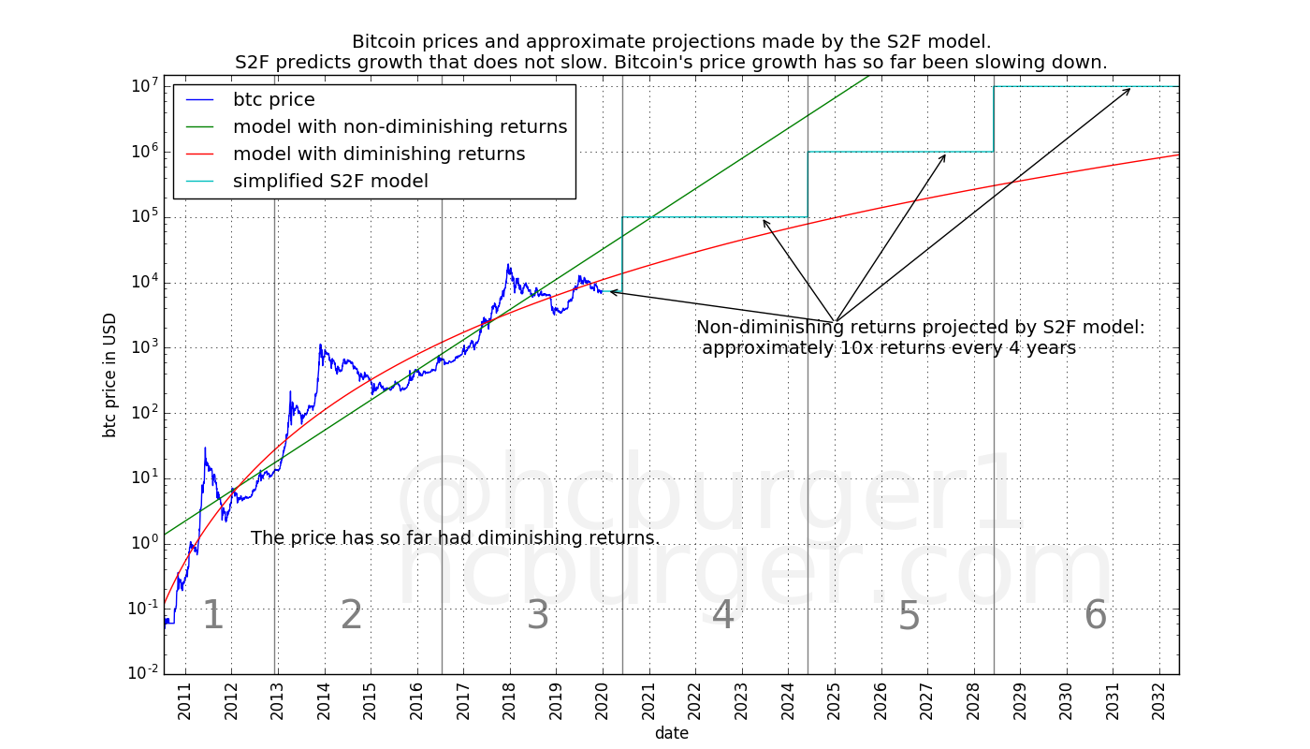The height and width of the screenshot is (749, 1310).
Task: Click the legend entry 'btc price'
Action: pos(273,99)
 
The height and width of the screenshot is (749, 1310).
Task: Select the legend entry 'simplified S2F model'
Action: pos(330,181)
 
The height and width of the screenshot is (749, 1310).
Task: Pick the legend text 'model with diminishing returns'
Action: pos(379,154)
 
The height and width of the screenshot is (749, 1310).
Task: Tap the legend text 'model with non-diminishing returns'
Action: pos(400,126)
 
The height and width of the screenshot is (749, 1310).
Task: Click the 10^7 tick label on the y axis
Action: pos(143,86)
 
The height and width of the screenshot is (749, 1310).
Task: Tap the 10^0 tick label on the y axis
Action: pos(143,543)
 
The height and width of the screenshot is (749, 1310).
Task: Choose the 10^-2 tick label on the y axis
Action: pos(142,673)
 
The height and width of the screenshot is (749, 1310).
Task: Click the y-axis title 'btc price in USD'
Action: pos(110,374)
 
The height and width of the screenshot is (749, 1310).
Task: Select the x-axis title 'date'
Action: pos(672,733)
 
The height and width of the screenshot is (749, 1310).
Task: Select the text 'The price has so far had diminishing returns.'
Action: pos(456,538)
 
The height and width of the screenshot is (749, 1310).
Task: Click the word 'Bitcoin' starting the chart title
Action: pos(385,42)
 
